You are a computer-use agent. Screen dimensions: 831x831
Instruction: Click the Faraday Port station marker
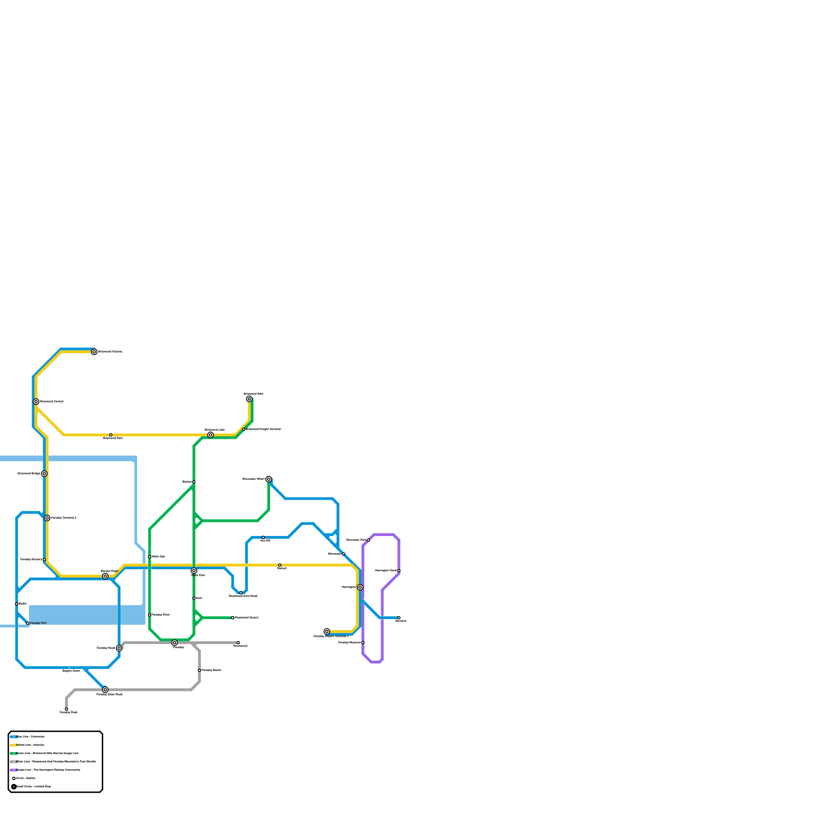(x=28, y=623)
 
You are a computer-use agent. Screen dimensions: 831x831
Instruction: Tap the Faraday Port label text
(x=38, y=623)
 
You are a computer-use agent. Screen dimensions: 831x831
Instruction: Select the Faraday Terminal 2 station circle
(x=47, y=518)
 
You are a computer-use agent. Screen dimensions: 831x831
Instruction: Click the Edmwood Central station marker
(x=36, y=401)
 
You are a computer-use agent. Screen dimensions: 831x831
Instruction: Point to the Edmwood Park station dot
(x=111, y=435)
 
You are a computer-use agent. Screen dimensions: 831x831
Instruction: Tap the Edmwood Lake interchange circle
(x=210, y=435)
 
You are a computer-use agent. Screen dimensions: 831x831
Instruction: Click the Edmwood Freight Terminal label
(x=263, y=429)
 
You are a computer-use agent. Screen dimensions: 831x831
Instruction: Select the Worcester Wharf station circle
(x=269, y=479)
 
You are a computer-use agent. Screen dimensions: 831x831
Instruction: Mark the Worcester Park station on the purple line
(x=368, y=540)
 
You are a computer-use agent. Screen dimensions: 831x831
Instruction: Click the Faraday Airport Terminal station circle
(x=327, y=632)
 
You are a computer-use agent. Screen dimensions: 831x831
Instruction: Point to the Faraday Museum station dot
(x=363, y=642)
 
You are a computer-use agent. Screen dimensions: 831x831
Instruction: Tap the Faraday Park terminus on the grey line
(x=66, y=709)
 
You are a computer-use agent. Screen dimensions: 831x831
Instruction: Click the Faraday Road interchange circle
(x=119, y=648)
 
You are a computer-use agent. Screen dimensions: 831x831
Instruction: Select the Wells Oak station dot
(x=150, y=557)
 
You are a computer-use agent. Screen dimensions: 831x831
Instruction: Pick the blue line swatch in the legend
(x=14, y=737)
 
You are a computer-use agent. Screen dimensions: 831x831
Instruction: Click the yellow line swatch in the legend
(x=14, y=745)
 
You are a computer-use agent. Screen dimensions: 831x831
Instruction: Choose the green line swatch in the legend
(x=14, y=754)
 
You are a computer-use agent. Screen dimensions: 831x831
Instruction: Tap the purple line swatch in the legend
(x=14, y=770)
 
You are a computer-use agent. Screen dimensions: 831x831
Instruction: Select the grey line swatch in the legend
(x=14, y=762)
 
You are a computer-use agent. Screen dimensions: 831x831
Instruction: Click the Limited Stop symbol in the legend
(x=14, y=787)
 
